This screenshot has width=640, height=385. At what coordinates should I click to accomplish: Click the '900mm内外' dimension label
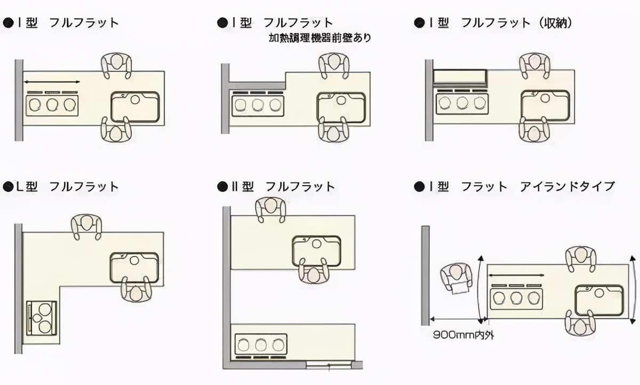point(463,335)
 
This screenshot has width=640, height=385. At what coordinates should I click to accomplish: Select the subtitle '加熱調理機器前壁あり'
point(320,38)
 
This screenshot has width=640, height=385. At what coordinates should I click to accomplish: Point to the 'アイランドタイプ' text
point(567,187)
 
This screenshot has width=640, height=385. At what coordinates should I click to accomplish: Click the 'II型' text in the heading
point(242,187)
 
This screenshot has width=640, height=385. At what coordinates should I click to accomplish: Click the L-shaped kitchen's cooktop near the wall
point(42,318)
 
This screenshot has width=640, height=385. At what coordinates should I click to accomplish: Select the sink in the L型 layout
point(134,267)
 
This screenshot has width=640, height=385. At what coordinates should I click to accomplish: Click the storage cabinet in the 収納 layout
point(460,77)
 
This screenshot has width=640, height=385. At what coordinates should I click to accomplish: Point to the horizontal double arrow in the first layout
point(52,82)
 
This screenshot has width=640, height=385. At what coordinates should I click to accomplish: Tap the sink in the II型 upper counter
point(317,251)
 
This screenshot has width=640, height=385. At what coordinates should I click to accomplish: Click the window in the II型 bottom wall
point(329,365)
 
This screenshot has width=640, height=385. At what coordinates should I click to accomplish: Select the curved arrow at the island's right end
point(634,290)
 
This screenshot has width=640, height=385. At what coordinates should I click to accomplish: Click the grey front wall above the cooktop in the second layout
point(257,85)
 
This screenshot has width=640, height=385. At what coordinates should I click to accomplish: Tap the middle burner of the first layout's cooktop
point(52,105)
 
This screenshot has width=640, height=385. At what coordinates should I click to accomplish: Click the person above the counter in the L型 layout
point(86,227)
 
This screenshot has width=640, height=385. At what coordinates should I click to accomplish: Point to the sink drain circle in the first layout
point(135,99)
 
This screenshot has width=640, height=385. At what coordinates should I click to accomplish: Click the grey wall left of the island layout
point(426,276)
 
